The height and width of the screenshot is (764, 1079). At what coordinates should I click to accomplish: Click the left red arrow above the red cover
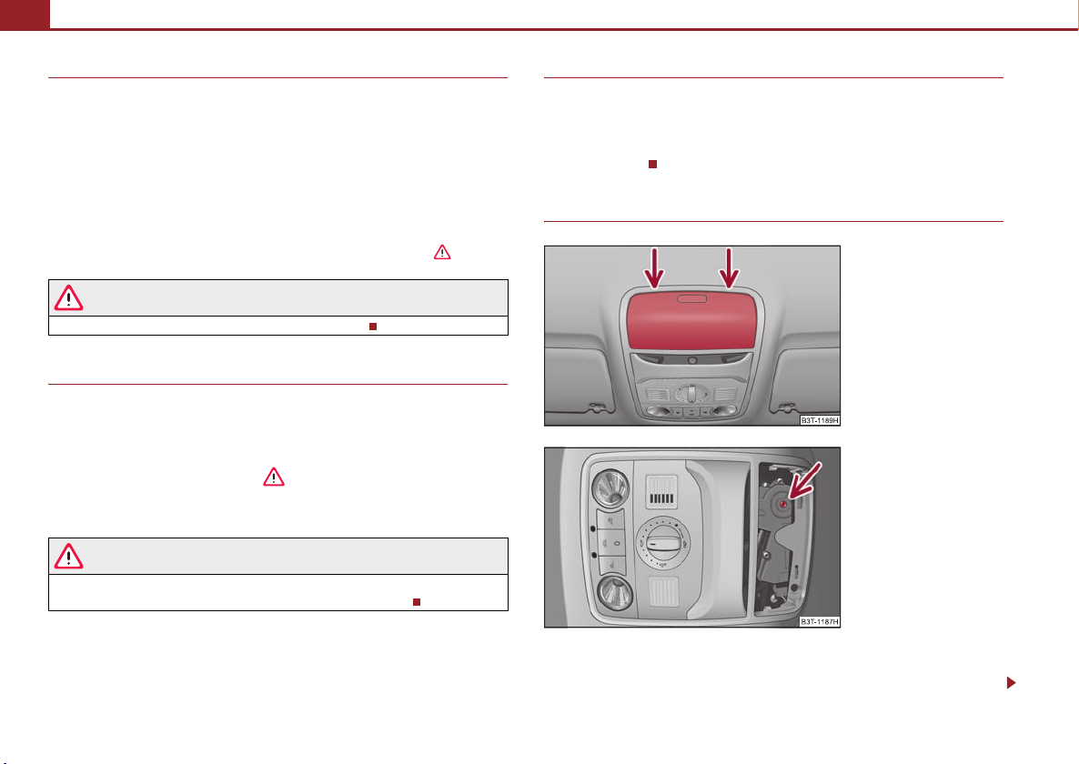[654, 269]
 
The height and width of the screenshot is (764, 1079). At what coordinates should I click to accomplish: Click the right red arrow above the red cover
[729, 269]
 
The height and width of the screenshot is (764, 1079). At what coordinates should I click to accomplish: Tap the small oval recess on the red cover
[691, 298]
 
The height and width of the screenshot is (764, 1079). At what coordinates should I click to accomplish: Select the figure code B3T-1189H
[820, 420]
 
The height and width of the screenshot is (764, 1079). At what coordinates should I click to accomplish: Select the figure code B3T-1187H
[820, 621]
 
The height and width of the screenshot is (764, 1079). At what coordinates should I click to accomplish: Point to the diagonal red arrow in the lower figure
[803, 480]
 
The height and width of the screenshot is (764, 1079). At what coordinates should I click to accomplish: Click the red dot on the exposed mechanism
[784, 504]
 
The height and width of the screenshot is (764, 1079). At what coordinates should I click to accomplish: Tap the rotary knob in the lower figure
[661, 542]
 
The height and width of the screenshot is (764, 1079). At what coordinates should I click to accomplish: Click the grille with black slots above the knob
[661, 492]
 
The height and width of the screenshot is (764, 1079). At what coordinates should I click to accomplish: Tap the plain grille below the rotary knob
[663, 591]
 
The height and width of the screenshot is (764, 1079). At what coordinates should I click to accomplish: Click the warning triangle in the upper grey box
[69, 298]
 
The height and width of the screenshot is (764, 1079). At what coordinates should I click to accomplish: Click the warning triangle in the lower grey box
[69, 557]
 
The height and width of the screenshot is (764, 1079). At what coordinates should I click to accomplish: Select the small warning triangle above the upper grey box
[442, 252]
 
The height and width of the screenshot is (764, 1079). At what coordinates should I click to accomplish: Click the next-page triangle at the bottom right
[1011, 683]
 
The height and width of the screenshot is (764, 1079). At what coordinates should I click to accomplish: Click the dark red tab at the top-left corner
[25, 15]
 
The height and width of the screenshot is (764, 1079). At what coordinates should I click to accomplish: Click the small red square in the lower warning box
[417, 602]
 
